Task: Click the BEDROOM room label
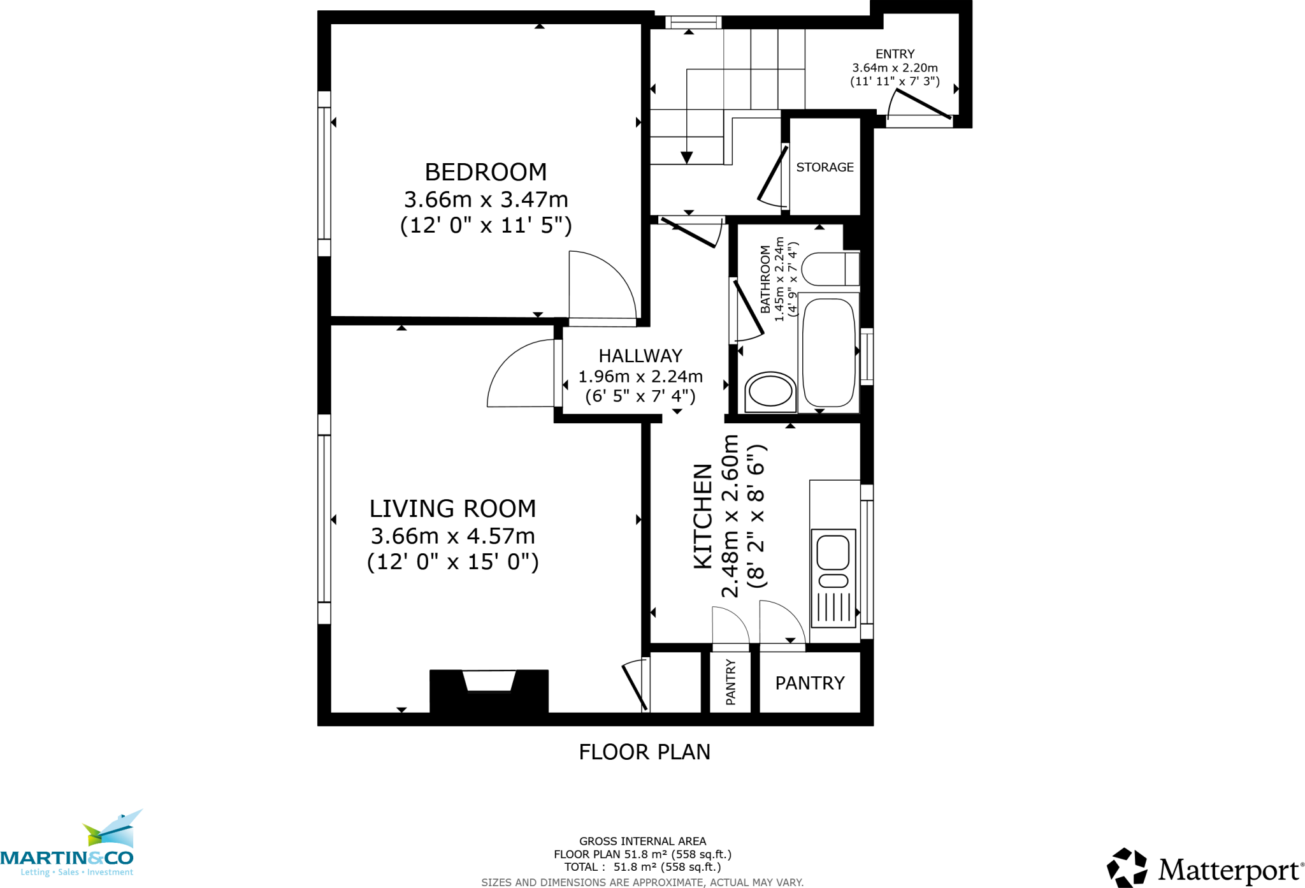click(486, 172)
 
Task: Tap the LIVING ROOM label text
click(452, 509)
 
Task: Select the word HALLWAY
click(640, 356)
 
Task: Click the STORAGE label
click(825, 167)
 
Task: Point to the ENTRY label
click(895, 54)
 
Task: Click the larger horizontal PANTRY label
click(809, 683)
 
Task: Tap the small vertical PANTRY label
click(731, 682)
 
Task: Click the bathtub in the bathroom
click(828, 352)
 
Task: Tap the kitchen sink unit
click(833, 577)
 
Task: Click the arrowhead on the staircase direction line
click(686, 157)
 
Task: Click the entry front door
click(923, 104)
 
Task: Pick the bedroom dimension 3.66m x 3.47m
click(486, 200)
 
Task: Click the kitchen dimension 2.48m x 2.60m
click(730, 516)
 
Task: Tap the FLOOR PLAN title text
click(644, 752)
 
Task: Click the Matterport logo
click(1204, 868)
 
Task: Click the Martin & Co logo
click(70, 848)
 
